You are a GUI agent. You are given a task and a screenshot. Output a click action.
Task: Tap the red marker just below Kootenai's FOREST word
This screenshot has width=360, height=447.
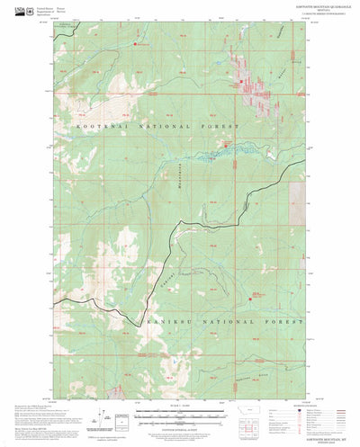[225, 143]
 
